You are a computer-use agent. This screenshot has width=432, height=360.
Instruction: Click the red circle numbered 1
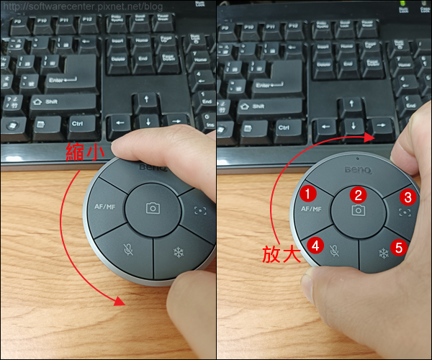pyautogui.click(x=307, y=193)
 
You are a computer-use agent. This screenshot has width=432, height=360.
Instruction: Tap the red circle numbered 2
pyautogui.click(x=357, y=194)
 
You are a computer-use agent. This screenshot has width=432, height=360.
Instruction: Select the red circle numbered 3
pyautogui.click(x=408, y=197)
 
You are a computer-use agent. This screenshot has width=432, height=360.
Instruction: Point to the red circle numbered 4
pyautogui.click(x=315, y=245)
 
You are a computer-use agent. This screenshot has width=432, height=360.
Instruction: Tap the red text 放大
pyautogui.click(x=281, y=255)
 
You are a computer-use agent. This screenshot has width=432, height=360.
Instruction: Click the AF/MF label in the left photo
pyautogui.click(x=105, y=207)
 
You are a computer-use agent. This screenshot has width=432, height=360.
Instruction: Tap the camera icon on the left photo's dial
pyautogui.click(x=153, y=208)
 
